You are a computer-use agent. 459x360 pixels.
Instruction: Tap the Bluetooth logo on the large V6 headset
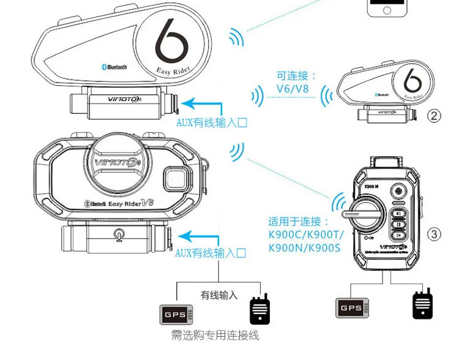pyautogui.click(x=113, y=67)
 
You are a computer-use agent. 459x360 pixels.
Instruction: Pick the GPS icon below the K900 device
pyautogui.click(x=351, y=307)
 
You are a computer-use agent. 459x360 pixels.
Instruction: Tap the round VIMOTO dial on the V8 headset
pyautogui.click(x=121, y=164)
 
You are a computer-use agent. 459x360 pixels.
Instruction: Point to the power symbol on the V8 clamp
pyautogui.click(x=117, y=233)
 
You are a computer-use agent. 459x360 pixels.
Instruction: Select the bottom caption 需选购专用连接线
pyautogui.click(x=215, y=335)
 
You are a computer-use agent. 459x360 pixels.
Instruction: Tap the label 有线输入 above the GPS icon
pyautogui.click(x=218, y=295)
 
